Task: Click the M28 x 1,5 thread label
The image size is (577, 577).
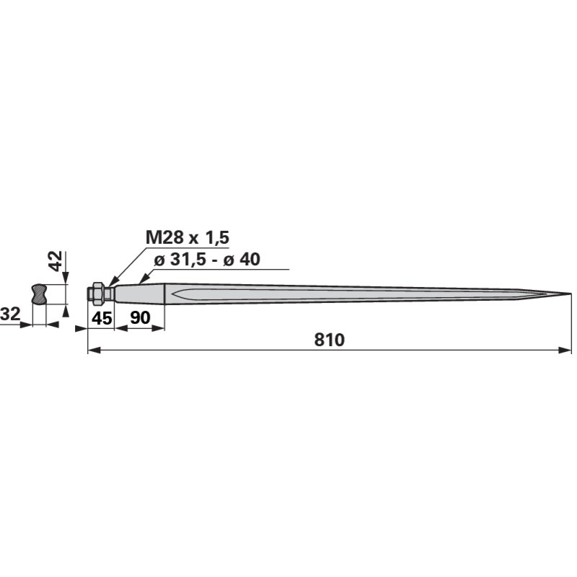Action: [188, 238]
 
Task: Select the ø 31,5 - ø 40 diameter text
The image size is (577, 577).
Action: [207, 260]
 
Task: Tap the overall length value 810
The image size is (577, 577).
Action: [330, 340]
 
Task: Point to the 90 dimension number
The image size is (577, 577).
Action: [140, 317]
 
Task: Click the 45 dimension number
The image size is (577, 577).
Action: [102, 318]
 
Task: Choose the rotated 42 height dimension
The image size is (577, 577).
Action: [56, 261]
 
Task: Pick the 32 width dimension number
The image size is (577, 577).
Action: [10, 314]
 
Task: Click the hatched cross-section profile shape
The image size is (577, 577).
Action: [40, 294]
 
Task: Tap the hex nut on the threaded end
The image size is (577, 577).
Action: [97, 294]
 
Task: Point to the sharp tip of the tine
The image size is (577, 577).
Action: [571, 294]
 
